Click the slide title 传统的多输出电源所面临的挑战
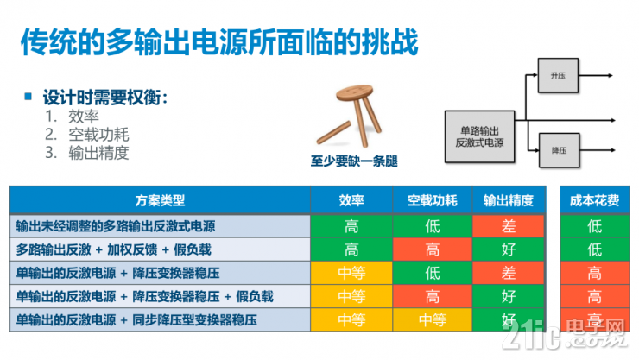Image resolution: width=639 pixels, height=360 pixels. coord(219,40)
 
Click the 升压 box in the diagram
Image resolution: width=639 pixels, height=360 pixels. coord(556,75)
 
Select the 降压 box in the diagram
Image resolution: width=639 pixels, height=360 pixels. coord(556,149)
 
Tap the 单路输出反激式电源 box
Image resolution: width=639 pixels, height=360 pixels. coord(481,136)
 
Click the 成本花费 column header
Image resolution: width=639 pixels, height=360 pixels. coord(594,199)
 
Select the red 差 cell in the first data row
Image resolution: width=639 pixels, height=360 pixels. coord(509,226)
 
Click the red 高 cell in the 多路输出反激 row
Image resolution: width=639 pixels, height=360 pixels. coord(433,249)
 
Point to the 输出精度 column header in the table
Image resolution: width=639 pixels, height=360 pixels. coord(509,199)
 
